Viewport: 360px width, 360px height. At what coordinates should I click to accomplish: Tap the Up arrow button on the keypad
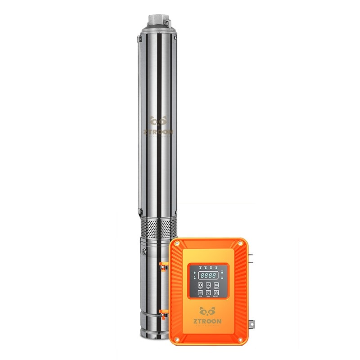click(x=208, y=285)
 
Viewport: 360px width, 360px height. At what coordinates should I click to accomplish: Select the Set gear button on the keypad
click(x=200, y=285)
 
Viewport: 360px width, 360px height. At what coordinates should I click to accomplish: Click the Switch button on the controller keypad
click(x=216, y=285)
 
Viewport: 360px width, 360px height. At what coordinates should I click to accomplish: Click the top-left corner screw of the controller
click(x=176, y=243)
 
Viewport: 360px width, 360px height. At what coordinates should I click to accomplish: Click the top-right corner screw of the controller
click(x=240, y=243)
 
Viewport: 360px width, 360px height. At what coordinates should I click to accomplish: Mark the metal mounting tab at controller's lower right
click(x=252, y=323)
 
